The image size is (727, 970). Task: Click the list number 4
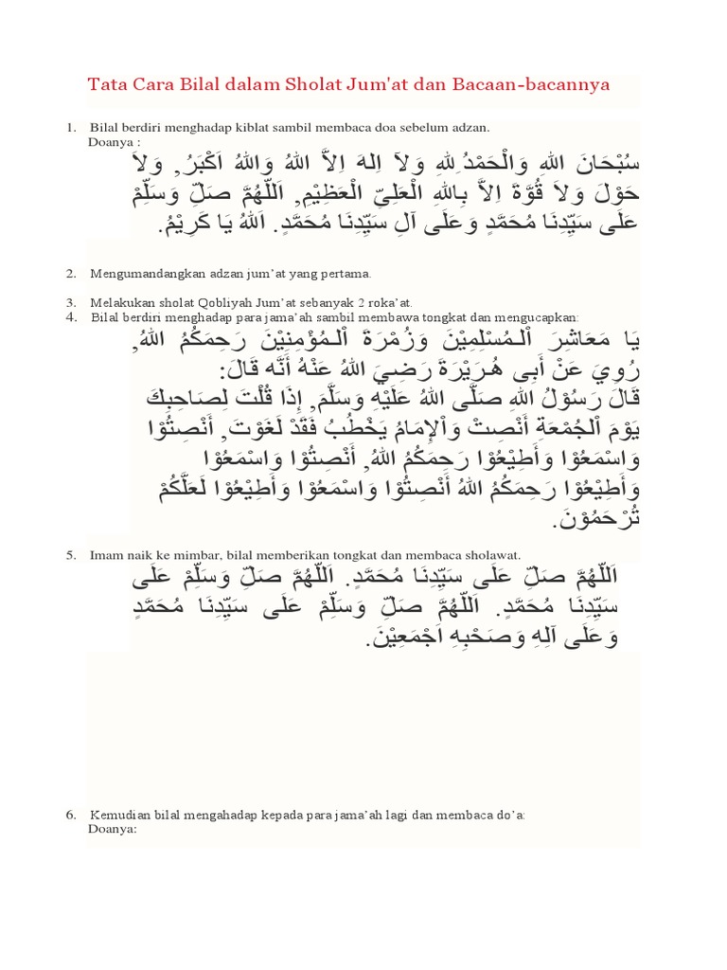[70, 316]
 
